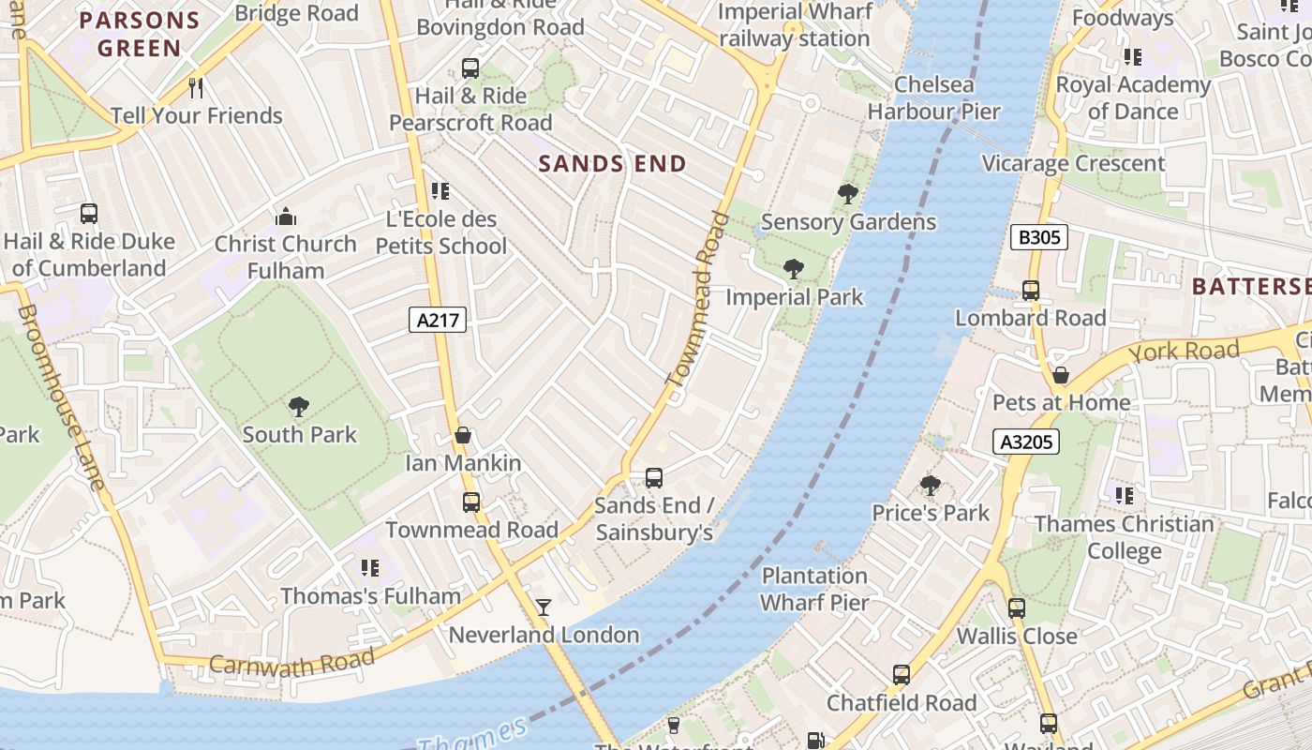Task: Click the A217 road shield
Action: [x=438, y=320]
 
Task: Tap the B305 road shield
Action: [x=1039, y=237]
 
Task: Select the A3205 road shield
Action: [x=1026, y=441]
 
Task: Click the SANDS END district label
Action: [x=613, y=164]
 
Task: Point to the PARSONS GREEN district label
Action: [x=140, y=34]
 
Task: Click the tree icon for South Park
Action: [x=299, y=407]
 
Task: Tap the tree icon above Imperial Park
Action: [x=794, y=270]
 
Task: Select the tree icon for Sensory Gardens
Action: [x=847, y=194]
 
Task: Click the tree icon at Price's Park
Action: [x=930, y=486]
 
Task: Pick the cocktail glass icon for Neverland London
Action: [x=544, y=607]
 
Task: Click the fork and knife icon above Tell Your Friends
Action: [x=196, y=88]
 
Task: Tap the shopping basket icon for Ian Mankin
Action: [x=462, y=436]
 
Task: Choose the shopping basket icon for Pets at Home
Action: [x=1061, y=375]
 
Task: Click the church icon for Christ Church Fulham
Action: [x=286, y=217]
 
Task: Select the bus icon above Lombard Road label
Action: [x=1031, y=291]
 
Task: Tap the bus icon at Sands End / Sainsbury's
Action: [x=654, y=478]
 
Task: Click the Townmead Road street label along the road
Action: [x=696, y=300]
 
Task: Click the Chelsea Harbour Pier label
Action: [x=933, y=98]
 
